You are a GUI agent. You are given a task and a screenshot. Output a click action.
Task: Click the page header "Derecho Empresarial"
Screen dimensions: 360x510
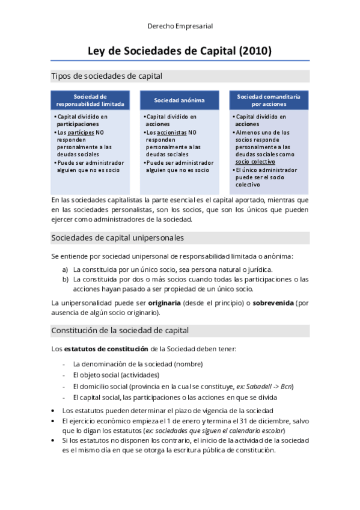click(180, 26)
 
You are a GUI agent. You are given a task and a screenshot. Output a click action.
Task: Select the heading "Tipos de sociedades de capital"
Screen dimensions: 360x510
click(107, 76)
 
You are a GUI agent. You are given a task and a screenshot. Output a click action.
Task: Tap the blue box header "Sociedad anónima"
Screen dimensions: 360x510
click(179, 100)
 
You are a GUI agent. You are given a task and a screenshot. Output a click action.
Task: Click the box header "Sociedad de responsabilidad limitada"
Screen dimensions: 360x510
click(90, 100)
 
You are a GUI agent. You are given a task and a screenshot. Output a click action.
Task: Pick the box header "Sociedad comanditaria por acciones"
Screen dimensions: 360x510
click(269, 100)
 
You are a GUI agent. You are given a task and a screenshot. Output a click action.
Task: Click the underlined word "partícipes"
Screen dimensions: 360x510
click(79, 132)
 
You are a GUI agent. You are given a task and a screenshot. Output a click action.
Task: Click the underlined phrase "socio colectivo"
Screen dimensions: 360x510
click(255, 161)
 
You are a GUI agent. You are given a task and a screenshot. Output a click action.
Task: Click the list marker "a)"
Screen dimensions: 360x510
click(66, 269)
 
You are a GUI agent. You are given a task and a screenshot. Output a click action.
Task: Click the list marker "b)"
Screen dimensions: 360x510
click(66, 279)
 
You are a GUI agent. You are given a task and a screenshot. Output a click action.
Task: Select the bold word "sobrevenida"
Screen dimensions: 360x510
click(273, 303)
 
